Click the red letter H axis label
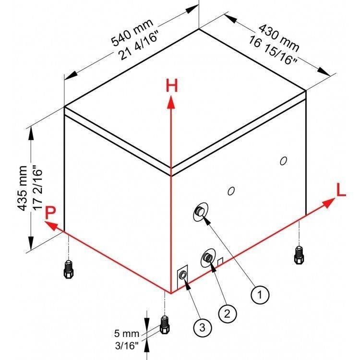pyautogui.click(x=172, y=85)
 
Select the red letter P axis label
pyautogui.click(x=50, y=213)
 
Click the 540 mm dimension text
pyautogui.click(x=132, y=32)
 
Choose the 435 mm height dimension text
pyautogui.click(x=23, y=188)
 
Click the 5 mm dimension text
pyautogui.click(x=127, y=334)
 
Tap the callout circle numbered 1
pyautogui.click(x=260, y=294)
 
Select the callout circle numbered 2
pyautogui.click(x=227, y=313)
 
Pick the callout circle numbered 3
pyautogui.click(x=202, y=327)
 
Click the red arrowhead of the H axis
pyautogui.click(x=171, y=102)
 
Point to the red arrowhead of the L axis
pyautogui.click(x=328, y=203)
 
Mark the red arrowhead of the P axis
pyautogui.click(x=51, y=226)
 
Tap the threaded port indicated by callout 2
pyautogui.click(x=207, y=257)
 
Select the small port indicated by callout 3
pyautogui.click(x=183, y=275)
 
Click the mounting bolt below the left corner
pyautogui.click(x=69, y=270)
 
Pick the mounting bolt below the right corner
pyautogui.click(x=299, y=255)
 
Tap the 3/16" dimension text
pyautogui.click(x=127, y=346)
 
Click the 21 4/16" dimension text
pyautogui.click(x=138, y=48)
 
